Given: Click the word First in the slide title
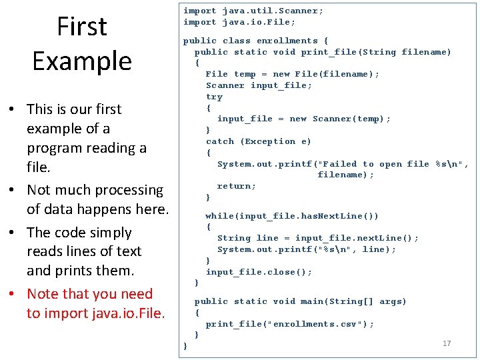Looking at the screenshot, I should pyautogui.click(x=82, y=27).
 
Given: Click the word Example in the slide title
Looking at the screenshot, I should pyautogui.click(x=82, y=61).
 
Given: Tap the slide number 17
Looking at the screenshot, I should pyautogui.click(x=447, y=343).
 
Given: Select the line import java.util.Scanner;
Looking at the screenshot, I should pyautogui.click(x=253, y=11).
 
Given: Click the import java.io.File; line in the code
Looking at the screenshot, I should pyautogui.click(x=239, y=22).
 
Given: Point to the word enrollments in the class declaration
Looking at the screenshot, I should pyautogui.click(x=287, y=41).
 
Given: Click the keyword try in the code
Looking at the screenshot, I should pyautogui.click(x=214, y=97).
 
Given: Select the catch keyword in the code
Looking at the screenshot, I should pyautogui.click(x=220, y=141).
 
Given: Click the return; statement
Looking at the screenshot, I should pyautogui.click(x=237, y=186).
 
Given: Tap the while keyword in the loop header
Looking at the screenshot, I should pyautogui.click(x=219, y=216).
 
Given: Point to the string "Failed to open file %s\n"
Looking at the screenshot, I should pyautogui.click(x=390, y=164).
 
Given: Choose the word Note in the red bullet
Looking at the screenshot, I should pyautogui.click(x=43, y=294).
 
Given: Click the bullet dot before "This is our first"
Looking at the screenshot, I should pyautogui.click(x=13, y=109).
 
